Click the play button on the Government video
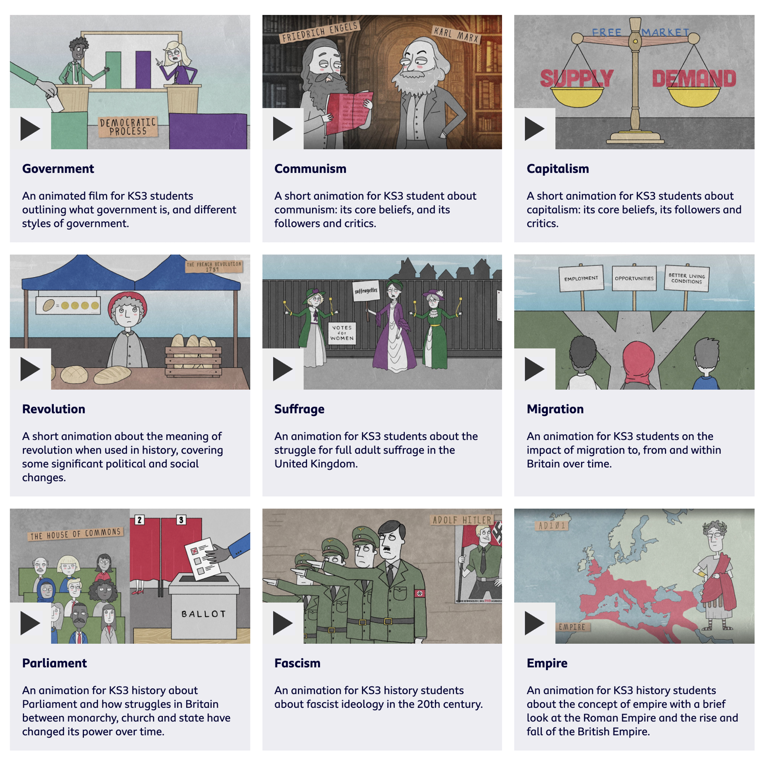click(30, 129)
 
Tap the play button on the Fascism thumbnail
click(283, 623)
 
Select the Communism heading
click(310, 169)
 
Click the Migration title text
click(555, 409)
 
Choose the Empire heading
click(547, 663)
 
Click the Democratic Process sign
click(128, 127)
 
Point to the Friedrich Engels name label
click(320, 31)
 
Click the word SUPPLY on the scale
click(576, 79)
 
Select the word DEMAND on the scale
click(694, 79)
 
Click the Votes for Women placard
click(342, 333)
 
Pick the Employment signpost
click(581, 278)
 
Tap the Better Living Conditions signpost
click(686, 278)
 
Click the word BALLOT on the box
click(204, 614)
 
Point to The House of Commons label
click(75, 534)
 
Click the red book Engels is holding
click(349, 112)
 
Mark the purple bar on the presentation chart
click(143, 69)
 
